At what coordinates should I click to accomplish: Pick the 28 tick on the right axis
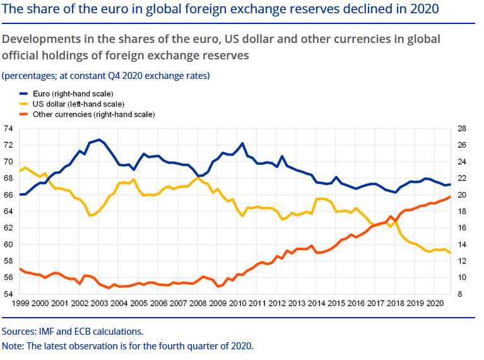[461, 128]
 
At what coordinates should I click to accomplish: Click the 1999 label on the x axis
[20, 304]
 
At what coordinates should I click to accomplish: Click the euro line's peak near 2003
[99, 139]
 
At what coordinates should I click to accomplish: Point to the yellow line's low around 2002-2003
[90, 215]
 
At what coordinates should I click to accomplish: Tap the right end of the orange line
[450, 197]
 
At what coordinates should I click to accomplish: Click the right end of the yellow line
[450, 253]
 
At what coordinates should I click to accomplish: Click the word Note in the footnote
[13, 346]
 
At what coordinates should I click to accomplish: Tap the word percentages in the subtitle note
[27, 75]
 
